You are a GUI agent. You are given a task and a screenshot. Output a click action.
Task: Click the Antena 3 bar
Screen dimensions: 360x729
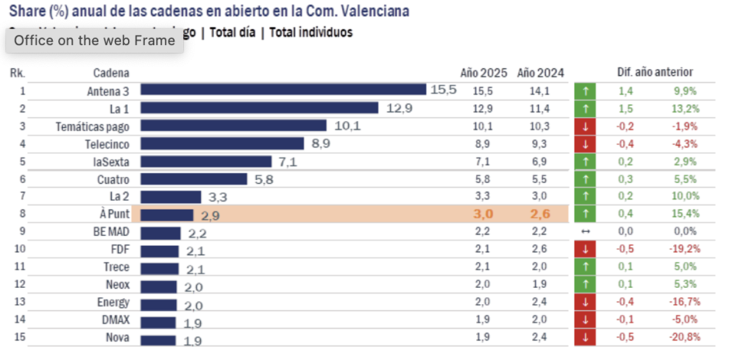(x=283, y=90)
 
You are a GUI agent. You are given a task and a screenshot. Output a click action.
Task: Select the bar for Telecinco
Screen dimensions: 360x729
(x=222, y=144)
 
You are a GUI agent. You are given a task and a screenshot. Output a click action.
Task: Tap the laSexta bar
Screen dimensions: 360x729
(x=206, y=161)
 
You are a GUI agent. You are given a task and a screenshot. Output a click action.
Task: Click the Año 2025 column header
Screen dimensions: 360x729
(x=483, y=72)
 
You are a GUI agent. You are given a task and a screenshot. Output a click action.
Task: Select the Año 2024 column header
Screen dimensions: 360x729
(x=540, y=72)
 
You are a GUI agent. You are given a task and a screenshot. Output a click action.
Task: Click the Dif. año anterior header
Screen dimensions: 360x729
(x=655, y=72)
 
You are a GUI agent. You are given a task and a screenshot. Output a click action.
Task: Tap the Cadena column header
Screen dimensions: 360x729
(x=111, y=72)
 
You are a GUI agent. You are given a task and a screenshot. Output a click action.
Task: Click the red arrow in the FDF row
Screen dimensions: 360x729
(x=586, y=249)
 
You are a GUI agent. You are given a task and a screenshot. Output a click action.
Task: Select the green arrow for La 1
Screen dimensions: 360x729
(x=586, y=108)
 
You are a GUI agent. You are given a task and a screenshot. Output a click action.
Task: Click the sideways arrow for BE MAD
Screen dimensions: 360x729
(x=586, y=232)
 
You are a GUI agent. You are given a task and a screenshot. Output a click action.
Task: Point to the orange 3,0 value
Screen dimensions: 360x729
(x=483, y=214)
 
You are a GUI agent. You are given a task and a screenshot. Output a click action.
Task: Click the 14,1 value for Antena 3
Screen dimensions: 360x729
(x=540, y=90)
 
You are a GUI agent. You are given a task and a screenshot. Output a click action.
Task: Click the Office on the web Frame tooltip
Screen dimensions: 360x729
(x=95, y=40)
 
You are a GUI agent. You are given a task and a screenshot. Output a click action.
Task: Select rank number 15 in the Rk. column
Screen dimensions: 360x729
(x=20, y=337)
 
